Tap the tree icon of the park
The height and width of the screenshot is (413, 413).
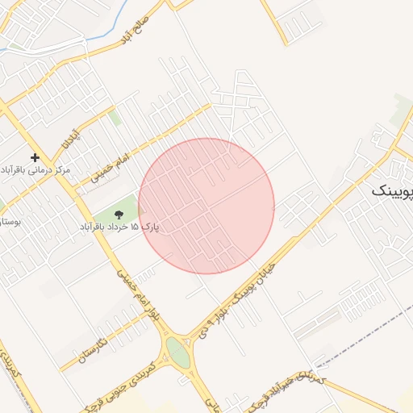119,214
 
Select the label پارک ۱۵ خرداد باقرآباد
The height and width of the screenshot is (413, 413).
119,227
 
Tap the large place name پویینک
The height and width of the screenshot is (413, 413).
393,192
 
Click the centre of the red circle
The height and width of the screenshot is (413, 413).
206,206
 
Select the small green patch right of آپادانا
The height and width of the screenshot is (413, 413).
115,118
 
